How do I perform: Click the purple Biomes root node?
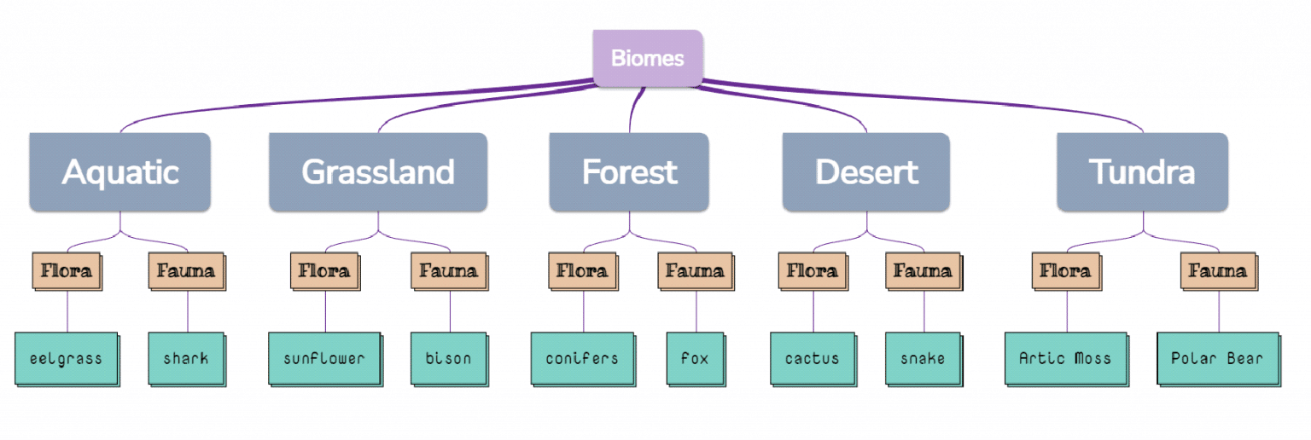click(647, 58)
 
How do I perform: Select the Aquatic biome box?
click(119, 172)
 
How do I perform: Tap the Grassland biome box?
click(378, 172)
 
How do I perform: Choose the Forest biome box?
click(629, 172)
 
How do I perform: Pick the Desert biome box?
click(865, 172)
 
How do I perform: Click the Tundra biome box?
click(1142, 172)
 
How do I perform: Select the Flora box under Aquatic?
click(67, 272)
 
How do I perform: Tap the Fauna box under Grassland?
click(449, 272)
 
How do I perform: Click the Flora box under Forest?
click(582, 272)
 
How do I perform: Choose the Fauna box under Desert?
click(922, 272)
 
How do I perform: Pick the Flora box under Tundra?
click(1065, 272)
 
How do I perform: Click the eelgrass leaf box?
click(66, 358)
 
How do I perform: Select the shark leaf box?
click(186, 358)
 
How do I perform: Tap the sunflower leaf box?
click(324, 358)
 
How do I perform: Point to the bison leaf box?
click(449, 358)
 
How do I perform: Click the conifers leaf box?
click(582, 358)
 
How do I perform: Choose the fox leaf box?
click(695, 358)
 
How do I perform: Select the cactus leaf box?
click(813, 358)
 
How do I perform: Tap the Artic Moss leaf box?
click(1065, 358)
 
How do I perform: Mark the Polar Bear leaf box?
click(1218, 358)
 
